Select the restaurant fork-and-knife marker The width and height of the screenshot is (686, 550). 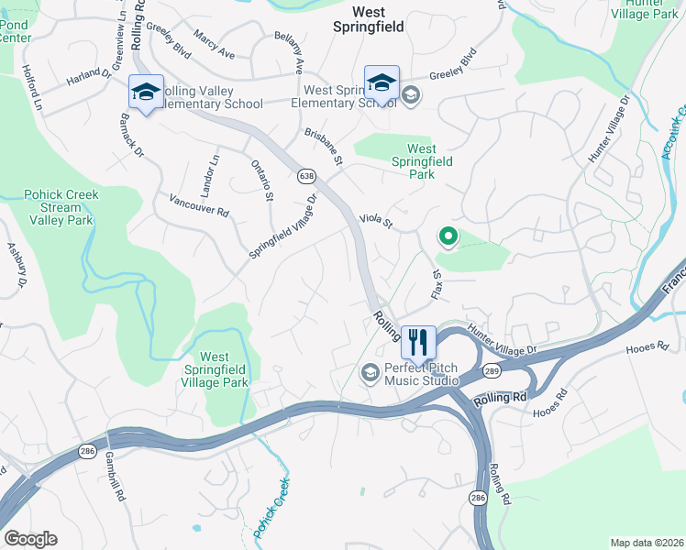418,342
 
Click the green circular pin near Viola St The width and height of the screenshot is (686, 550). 448,237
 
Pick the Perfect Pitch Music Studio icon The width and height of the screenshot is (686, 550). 370,371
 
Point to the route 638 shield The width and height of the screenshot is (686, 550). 304,174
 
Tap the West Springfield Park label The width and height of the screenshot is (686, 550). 421,161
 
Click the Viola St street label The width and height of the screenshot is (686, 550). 376,221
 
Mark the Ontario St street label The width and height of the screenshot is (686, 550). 263,180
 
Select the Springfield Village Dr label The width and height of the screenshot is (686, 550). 283,225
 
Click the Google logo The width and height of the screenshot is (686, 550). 30,539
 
